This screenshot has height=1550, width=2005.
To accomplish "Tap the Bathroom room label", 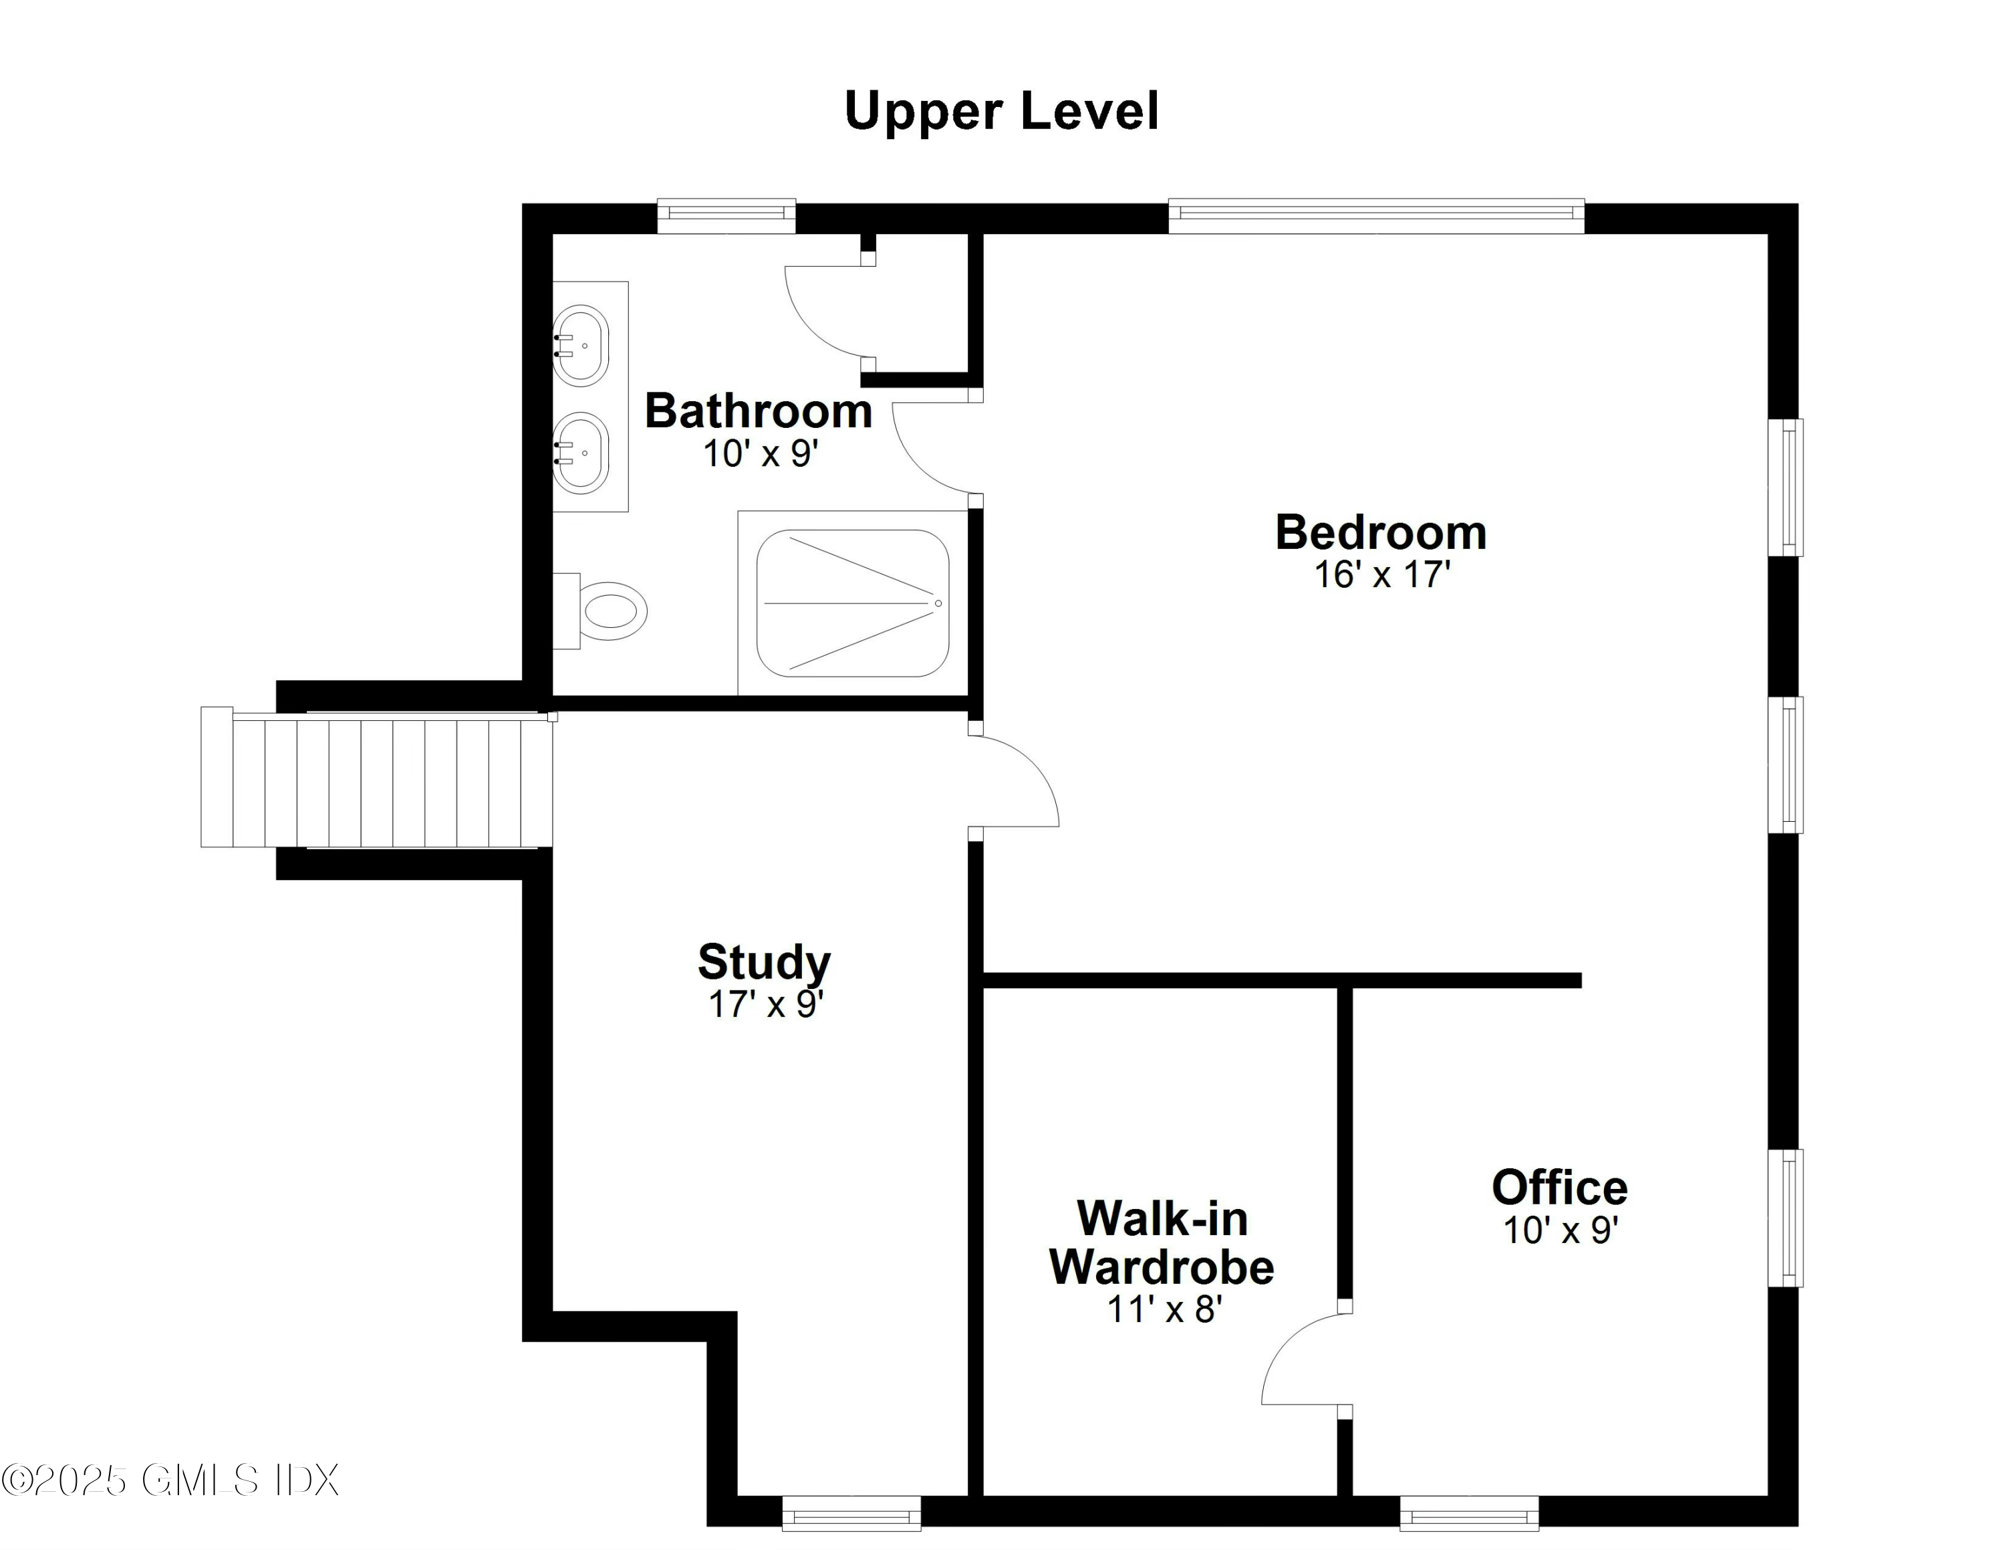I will [759, 411].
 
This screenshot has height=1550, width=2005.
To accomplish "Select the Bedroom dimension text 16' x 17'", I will [1381, 575].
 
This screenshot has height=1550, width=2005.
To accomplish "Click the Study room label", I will [764, 962].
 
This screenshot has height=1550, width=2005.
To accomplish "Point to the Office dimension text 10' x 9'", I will [1560, 1230].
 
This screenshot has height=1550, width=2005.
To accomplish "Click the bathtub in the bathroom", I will [852, 603].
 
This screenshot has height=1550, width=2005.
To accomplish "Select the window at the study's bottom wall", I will [851, 1514].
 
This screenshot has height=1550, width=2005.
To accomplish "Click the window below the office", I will [1469, 1514].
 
